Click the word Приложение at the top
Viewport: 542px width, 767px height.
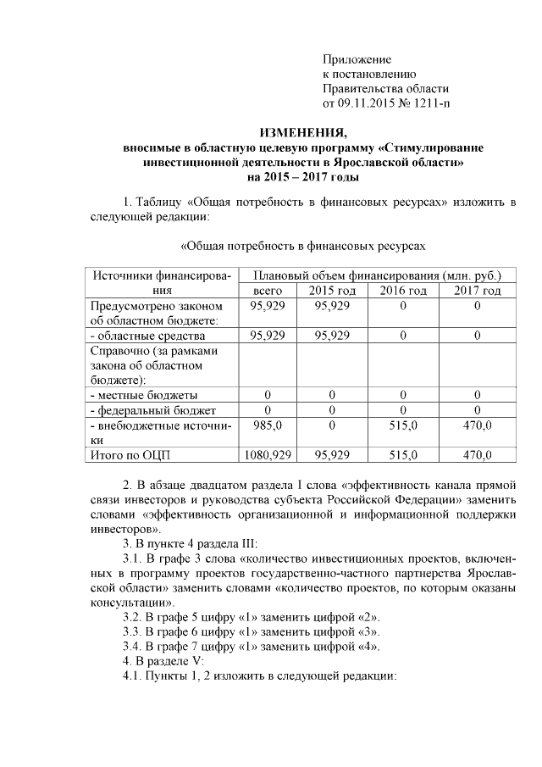[x=357, y=59]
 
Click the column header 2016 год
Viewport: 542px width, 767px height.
[x=403, y=291]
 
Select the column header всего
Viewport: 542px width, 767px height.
[x=268, y=291]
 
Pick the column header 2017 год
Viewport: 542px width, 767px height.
[x=478, y=291]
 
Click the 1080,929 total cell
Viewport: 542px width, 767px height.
[x=268, y=456]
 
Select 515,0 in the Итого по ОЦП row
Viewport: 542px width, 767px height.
[x=403, y=456]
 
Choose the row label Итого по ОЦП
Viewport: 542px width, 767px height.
[x=130, y=456]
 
